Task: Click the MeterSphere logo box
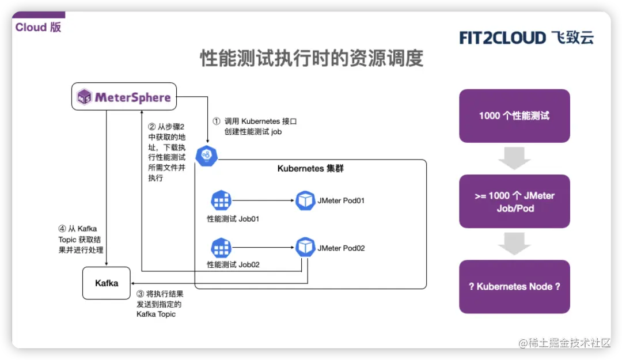[124, 97]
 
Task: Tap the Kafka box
[107, 283]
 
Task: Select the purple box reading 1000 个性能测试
[514, 116]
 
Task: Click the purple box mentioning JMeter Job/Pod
[514, 202]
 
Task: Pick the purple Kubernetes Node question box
[514, 286]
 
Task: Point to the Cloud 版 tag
[38, 27]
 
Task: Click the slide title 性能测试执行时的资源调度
[312, 59]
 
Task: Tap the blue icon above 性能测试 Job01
[221, 200]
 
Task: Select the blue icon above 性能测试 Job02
[221, 248]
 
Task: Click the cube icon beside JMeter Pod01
[305, 200]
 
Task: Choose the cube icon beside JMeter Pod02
[305, 248]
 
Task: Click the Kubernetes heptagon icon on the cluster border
[206, 156]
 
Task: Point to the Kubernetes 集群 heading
[310, 169]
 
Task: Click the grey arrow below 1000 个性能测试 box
[514, 158]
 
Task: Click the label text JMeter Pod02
[341, 248]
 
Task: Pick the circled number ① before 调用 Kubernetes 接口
[217, 122]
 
